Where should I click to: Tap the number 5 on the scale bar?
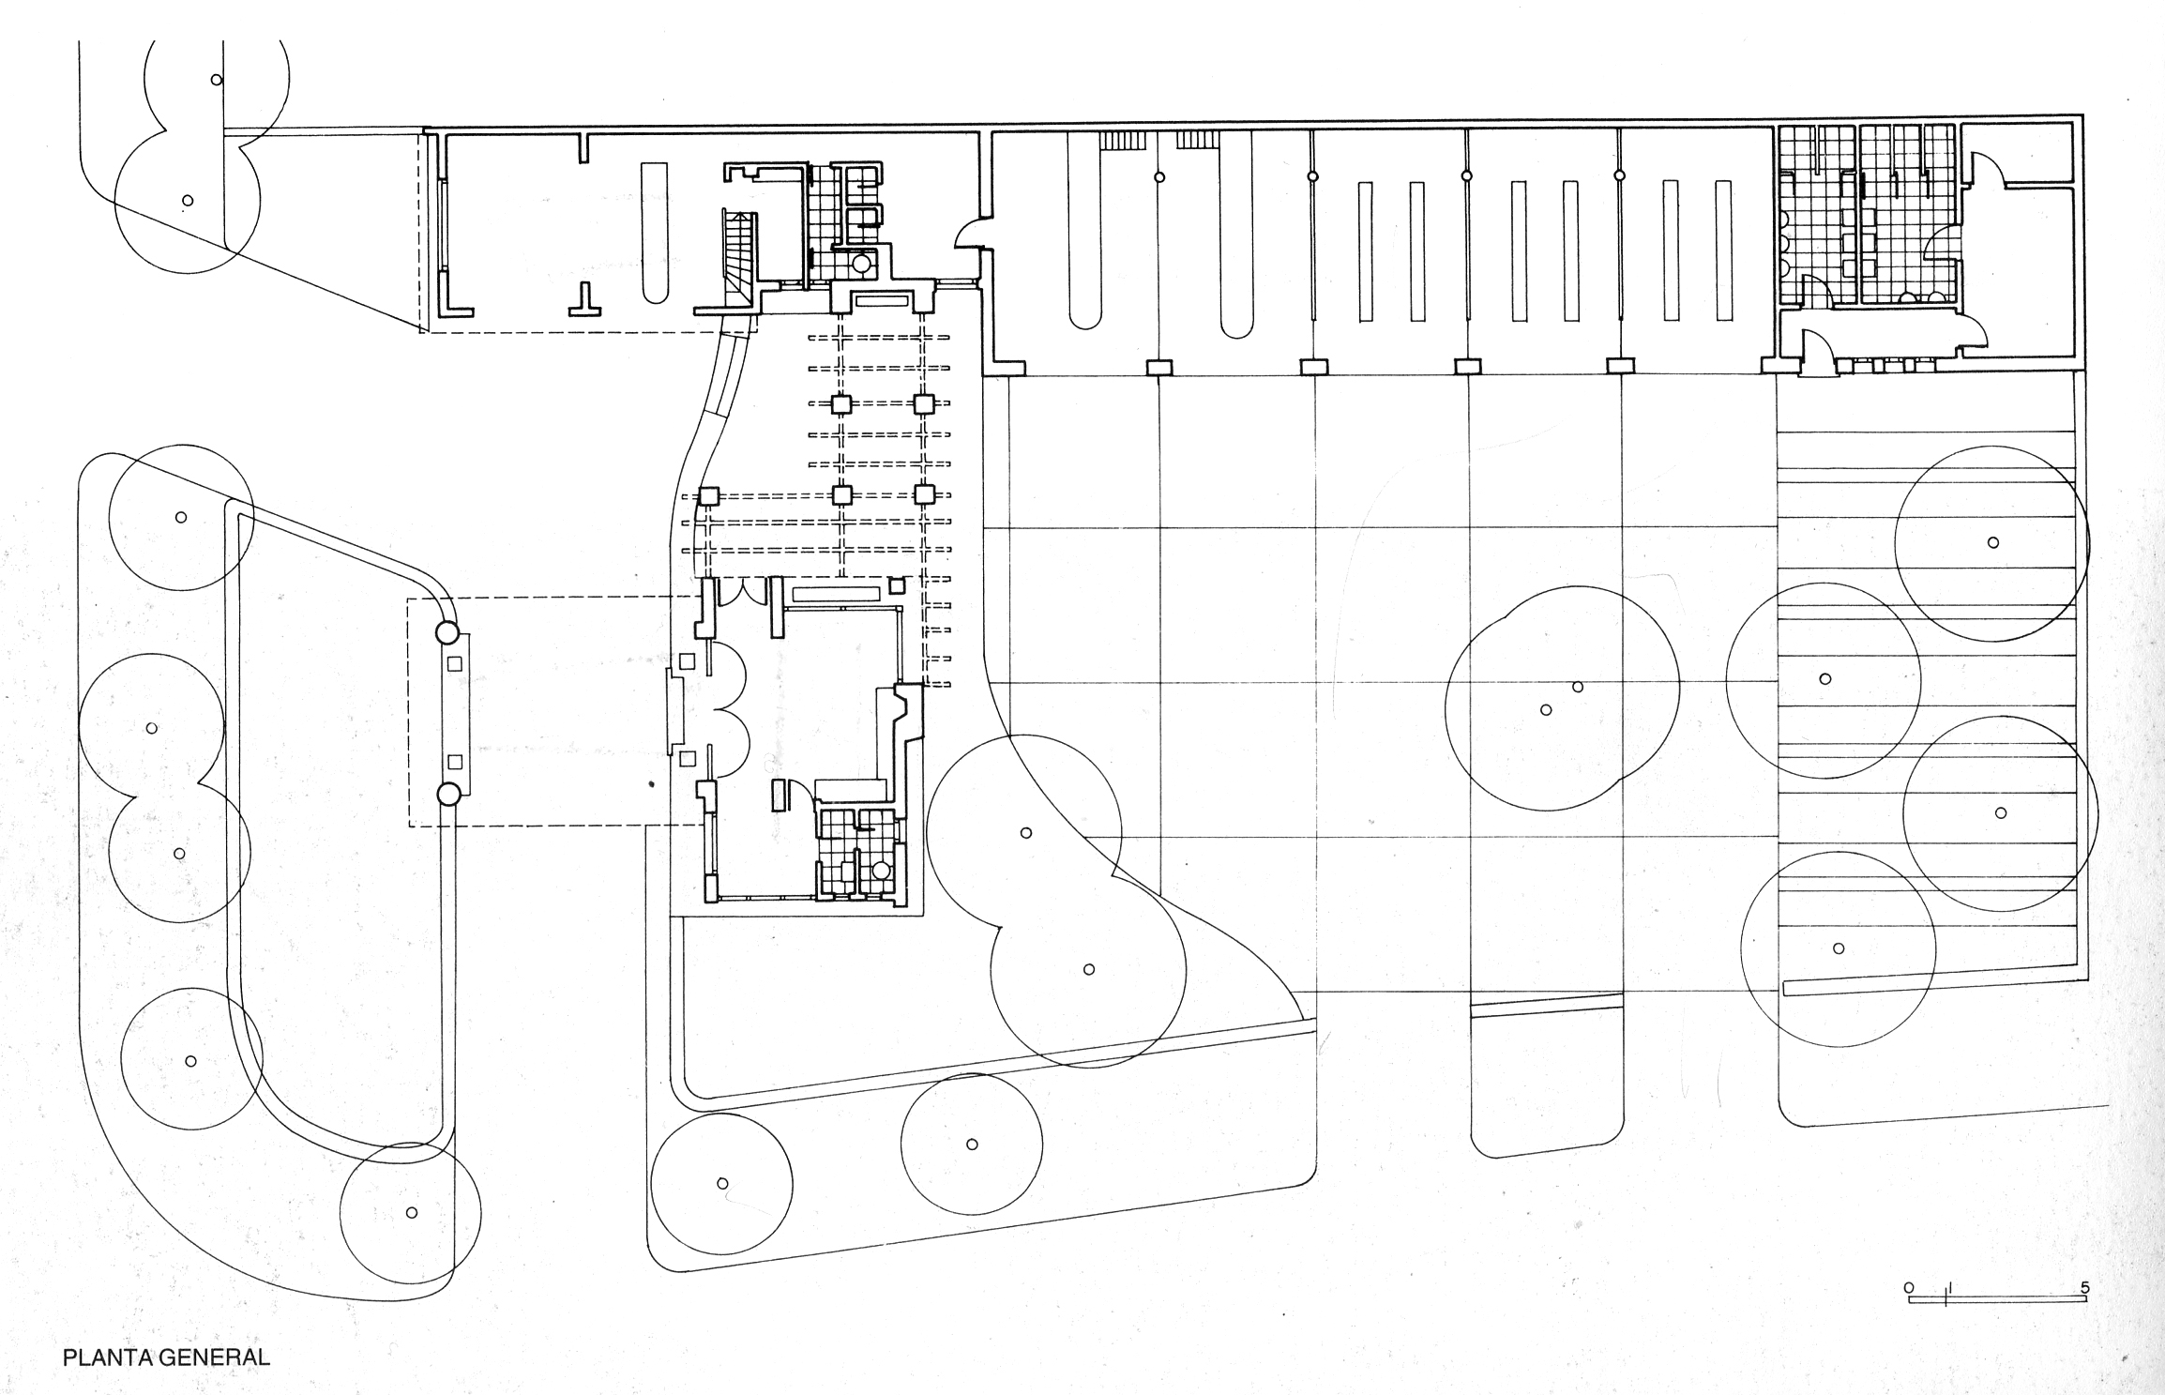2084,1288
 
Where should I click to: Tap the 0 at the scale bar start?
1908,1288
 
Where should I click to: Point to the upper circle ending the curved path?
448,633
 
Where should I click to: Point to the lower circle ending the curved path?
448,795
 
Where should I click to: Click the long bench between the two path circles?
456,714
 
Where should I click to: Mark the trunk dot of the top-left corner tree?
217,80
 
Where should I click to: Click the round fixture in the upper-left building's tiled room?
860,265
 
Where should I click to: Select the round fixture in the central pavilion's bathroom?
881,871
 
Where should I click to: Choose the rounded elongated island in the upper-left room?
654,233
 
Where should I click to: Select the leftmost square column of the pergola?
708,495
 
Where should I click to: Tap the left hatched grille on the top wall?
1122,141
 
